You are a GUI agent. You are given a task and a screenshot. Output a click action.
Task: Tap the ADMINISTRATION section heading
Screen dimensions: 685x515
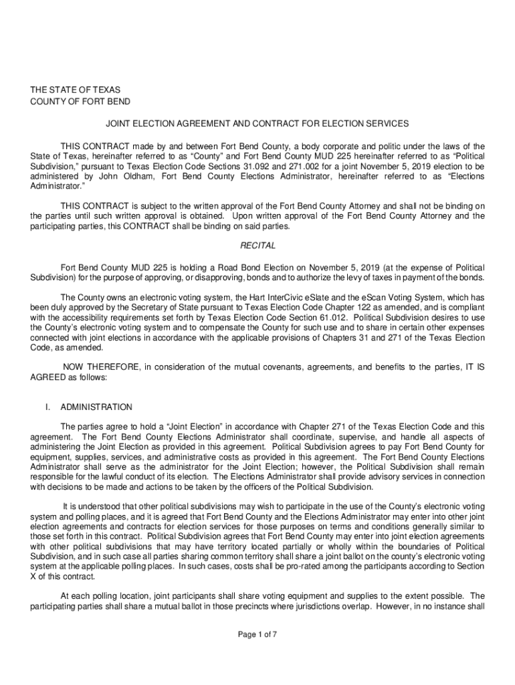96,407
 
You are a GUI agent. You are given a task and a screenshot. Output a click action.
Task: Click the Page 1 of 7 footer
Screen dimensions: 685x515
257,635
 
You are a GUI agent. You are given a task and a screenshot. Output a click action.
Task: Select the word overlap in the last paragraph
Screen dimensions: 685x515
380,607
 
